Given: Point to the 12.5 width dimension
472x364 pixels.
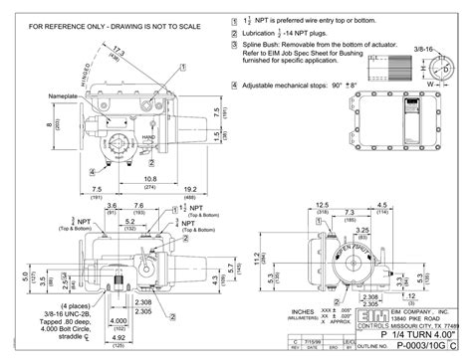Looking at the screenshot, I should (322, 205).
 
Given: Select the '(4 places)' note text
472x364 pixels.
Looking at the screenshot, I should (77, 305).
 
